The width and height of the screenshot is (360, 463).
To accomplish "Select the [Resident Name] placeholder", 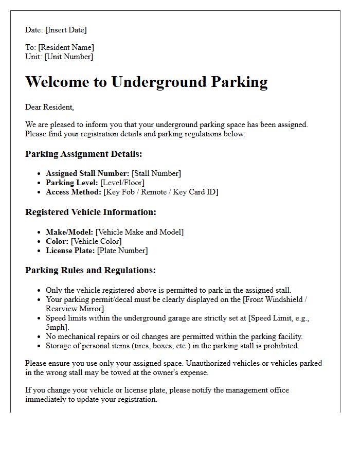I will [x=66, y=48].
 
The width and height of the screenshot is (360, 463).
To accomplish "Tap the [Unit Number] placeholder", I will [x=69, y=57].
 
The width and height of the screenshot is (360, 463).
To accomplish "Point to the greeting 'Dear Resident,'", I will [x=49, y=107].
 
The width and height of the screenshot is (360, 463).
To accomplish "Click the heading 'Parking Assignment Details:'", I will [x=83, y=154].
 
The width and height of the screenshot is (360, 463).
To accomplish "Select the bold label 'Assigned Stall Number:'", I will [x=87, y=173].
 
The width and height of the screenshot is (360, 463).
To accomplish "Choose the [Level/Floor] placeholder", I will [x=122, y=183].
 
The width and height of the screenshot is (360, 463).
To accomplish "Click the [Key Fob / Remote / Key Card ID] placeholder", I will [x=160, y=192].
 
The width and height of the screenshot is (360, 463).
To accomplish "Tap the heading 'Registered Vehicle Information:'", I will [x=91, y=212].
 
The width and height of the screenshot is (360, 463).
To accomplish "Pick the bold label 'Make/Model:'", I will [x=69, y=232].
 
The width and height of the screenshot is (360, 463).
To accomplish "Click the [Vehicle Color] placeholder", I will [x=96, y=241].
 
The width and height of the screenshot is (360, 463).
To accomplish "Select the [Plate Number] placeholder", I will [x=122, y=251].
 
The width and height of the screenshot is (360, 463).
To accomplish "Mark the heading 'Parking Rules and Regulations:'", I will [x=90, y=271].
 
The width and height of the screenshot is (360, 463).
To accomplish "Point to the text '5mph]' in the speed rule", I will [x=57, y=327].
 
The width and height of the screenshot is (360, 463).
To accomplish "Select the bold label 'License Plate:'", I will [x=70, y=251].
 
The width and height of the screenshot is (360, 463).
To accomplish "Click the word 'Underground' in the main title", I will [x=160, y=82].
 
